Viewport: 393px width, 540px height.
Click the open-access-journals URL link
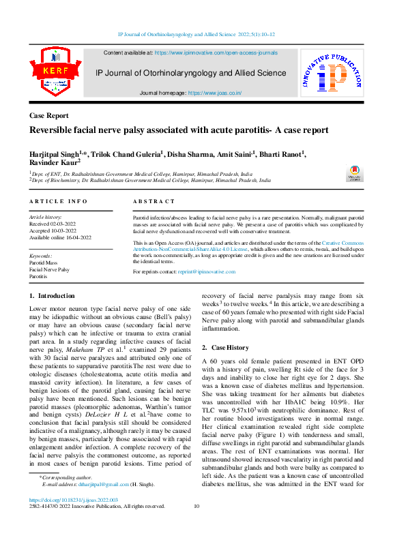pos(216,52)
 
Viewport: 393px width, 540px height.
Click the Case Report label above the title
pos(48,117)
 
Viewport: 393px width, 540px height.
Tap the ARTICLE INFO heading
pos(58,202)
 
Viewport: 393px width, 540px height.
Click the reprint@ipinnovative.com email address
pos(207,271)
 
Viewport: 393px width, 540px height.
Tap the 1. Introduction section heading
pos(53,296)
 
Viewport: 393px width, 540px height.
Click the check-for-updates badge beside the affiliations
pos(355,172)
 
